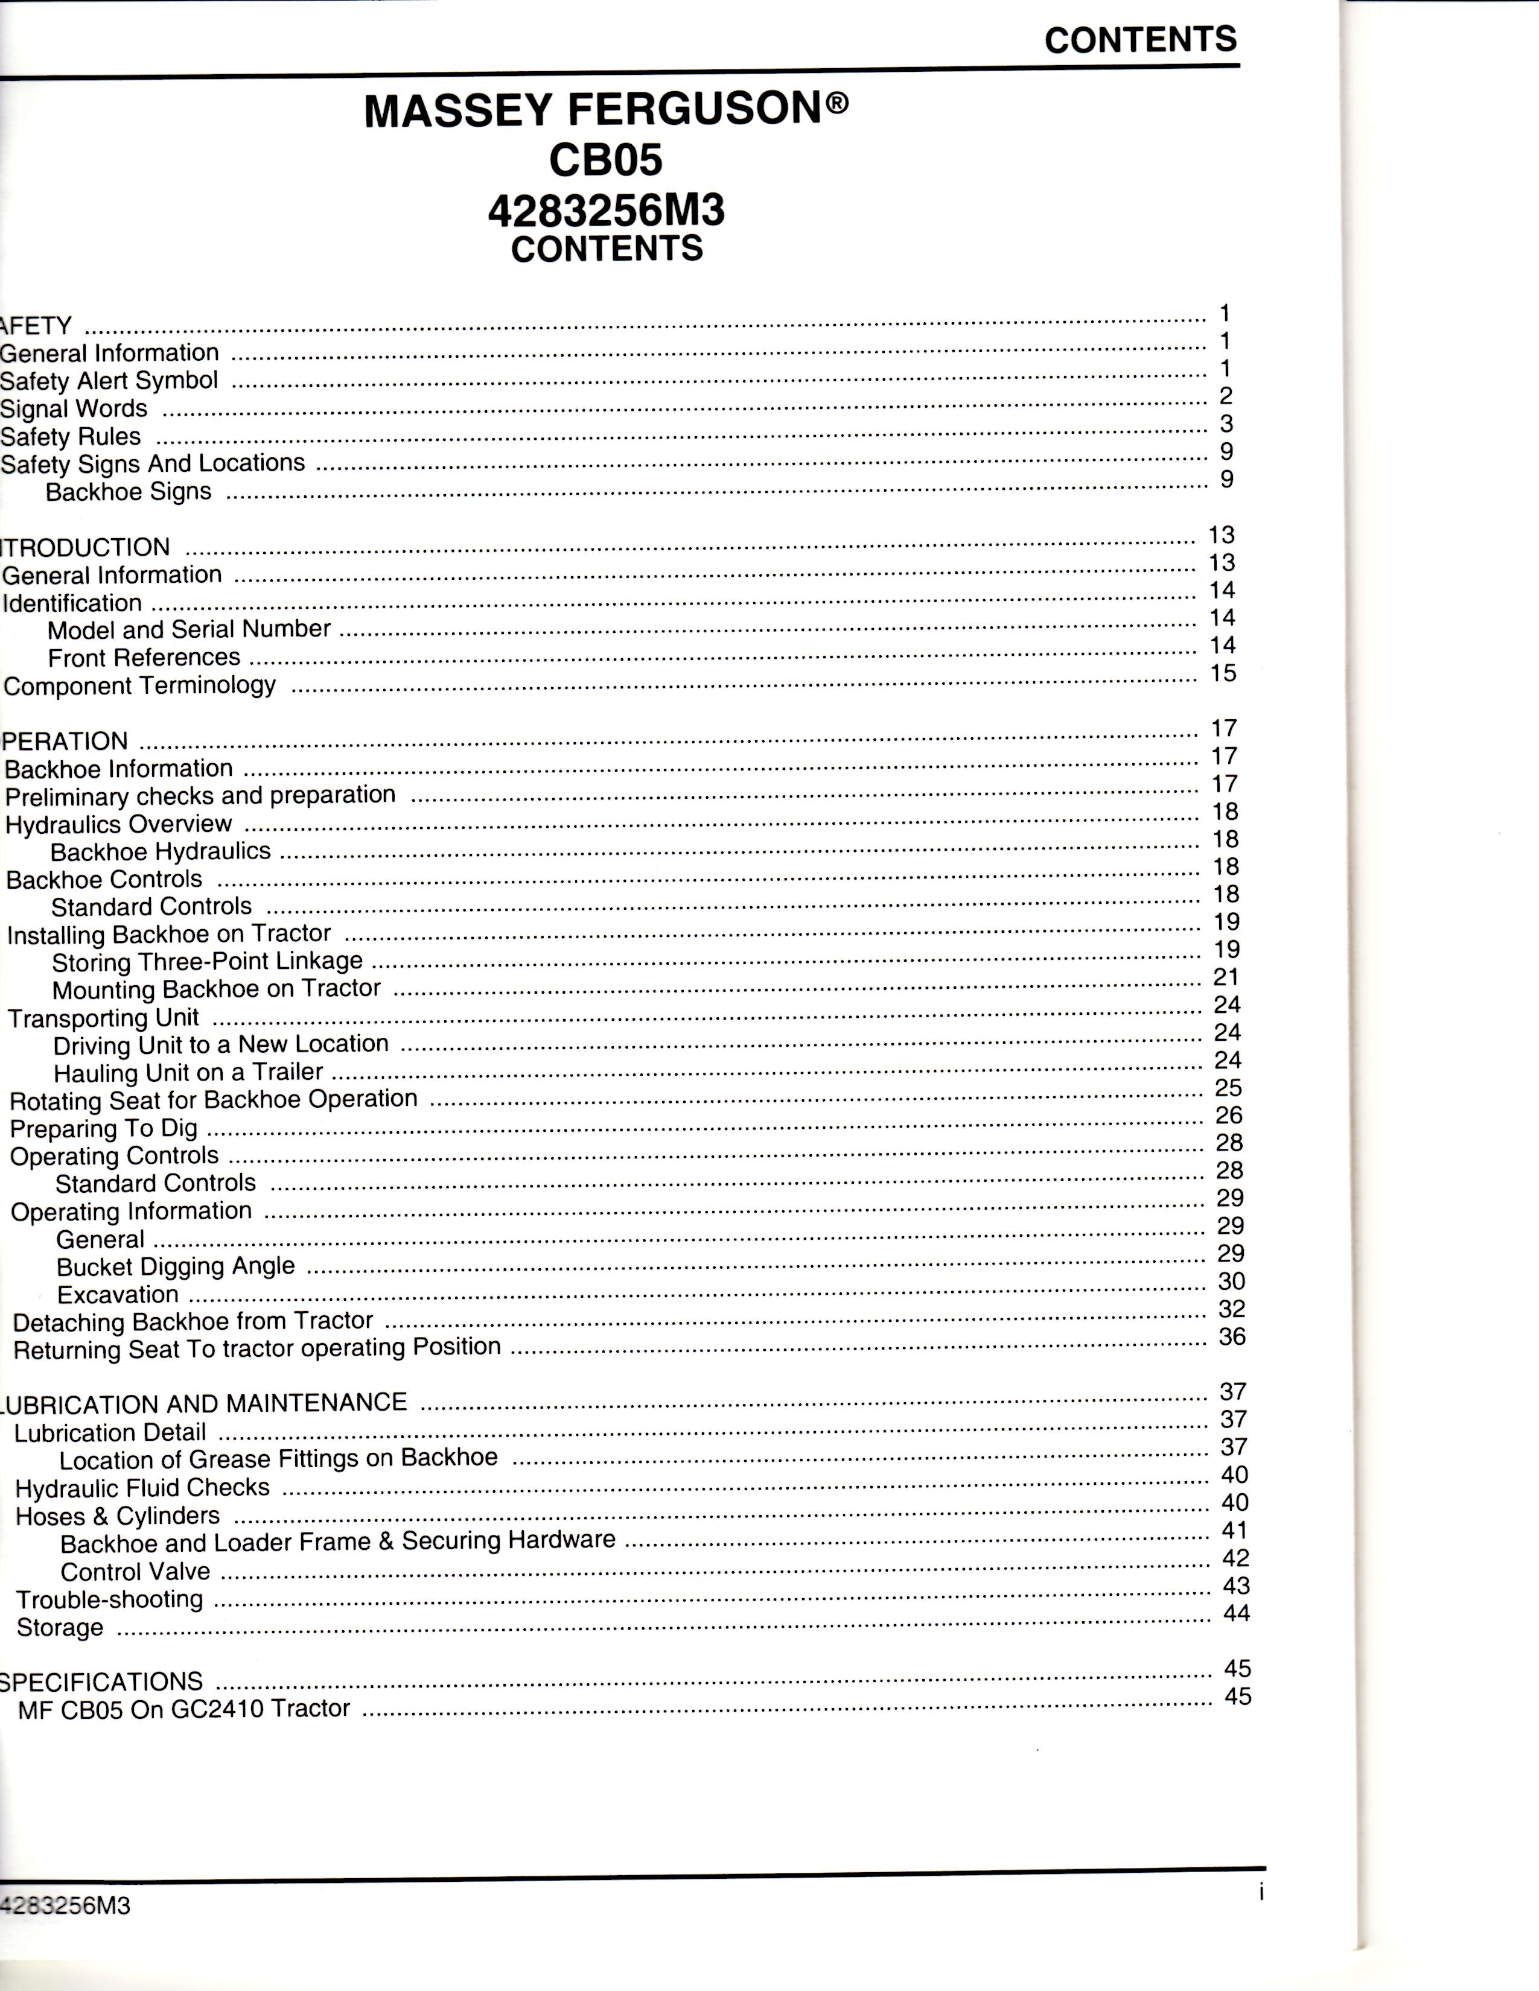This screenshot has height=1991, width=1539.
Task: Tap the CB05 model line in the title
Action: point(605,161)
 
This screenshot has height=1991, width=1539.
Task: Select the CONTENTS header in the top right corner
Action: point(1141,40)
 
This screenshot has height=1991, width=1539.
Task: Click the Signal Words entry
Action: point(74,408)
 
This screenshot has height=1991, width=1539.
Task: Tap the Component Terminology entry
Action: point(139,685)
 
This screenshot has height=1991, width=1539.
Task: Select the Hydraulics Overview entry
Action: point(118,824)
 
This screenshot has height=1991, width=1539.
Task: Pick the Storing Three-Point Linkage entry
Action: point(207,961)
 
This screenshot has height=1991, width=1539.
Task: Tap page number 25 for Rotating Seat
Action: point(1228,1088)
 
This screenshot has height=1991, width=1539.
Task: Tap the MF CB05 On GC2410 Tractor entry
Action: point(184,1709)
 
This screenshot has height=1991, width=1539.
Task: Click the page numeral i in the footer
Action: point(1261,1893)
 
